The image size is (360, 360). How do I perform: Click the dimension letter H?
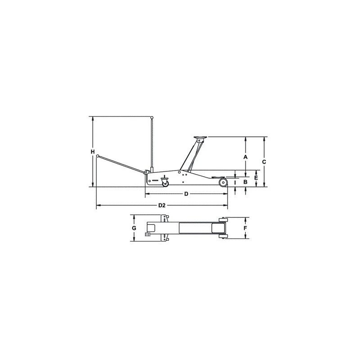[x=92, y=152]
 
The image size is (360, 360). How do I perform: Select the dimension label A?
[x=245, y=157]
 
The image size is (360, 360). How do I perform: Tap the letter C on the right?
[x=265, y=161]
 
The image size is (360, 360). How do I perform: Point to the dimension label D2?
[x=162, y=206]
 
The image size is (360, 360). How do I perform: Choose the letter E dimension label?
[x=256, y=178]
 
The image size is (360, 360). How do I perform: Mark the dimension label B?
[x=245, y=182]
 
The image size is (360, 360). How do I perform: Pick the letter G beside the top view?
[x=134, y=228]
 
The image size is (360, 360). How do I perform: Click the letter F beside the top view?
[x=245, y=228]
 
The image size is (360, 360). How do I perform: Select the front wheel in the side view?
[x=223, y=183]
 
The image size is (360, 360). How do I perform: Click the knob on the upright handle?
[x=152, y=118]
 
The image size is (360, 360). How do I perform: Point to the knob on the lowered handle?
[x=97, y=157]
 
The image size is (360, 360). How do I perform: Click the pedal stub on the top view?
[x=147, y=234]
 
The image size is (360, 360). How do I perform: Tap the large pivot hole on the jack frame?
[x=179, y=172]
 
